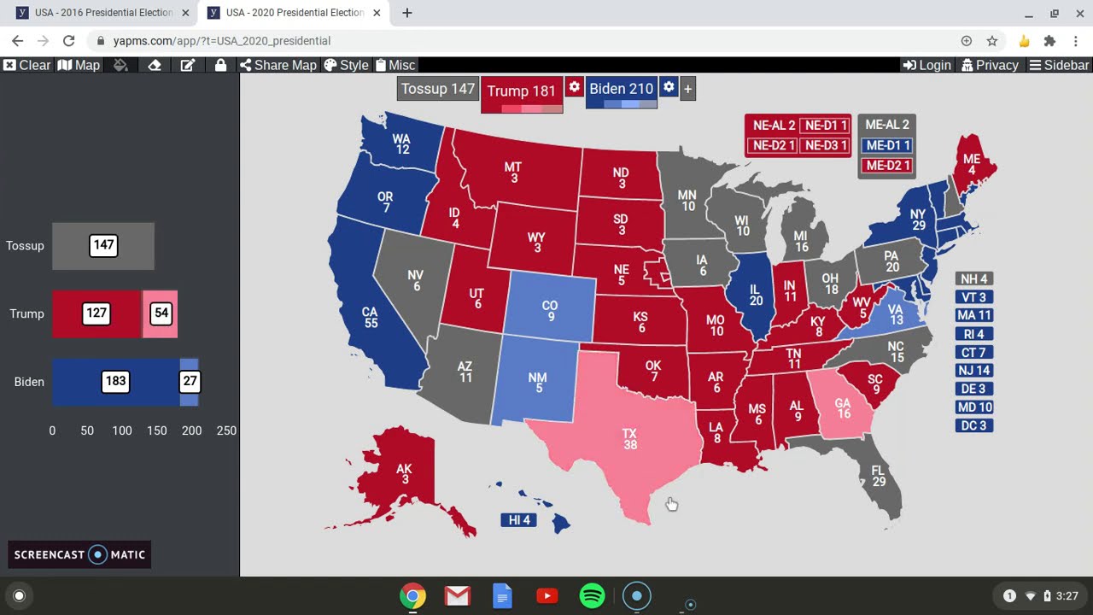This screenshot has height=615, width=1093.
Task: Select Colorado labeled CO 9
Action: pos(550,311)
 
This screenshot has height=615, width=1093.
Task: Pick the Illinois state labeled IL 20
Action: pos(755,295)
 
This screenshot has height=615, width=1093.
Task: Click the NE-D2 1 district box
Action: pos(772,145)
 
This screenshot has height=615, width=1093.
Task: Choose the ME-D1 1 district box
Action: pos(887,145)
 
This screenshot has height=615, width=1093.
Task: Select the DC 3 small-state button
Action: pos(973,425)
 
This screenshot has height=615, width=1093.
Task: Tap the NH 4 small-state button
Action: pos(973,279)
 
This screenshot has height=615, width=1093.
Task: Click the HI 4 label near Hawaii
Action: pos(519,519)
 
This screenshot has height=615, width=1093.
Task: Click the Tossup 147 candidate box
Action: pos(437,89)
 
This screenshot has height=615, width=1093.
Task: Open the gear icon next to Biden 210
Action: pos(669,87)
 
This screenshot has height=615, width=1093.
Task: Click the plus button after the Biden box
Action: pos(687,89)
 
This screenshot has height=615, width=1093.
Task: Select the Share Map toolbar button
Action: pos(278,65)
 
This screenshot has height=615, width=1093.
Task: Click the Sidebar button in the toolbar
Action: pos(1059,65)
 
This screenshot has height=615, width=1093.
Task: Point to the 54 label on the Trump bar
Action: pos(161,313)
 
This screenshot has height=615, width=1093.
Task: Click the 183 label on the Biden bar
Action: pos(115,381)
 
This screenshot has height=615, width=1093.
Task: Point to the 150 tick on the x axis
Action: pos(156,430)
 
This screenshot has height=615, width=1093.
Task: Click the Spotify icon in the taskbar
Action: pos(592,596)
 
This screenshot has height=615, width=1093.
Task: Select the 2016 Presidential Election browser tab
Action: pos(102,13)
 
